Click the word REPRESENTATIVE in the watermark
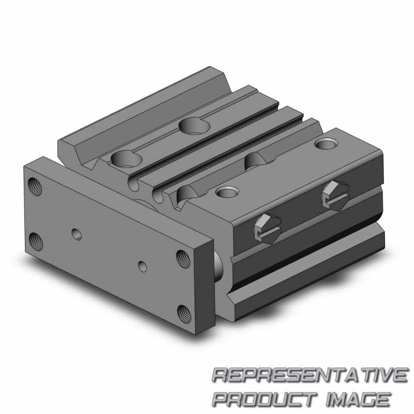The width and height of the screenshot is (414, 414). click(310, 375)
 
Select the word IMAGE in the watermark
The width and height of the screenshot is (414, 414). click(358, 400)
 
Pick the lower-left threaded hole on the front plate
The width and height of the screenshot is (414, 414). click(36, 242)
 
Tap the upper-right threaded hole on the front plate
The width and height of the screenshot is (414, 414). click(183, 259)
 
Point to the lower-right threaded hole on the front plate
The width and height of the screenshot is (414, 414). click(184, 314)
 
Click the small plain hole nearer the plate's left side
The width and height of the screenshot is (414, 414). click(77, 234)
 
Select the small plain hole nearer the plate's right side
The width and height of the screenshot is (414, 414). click(143, 267)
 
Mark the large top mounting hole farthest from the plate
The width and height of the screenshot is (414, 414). click(195, 125)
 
